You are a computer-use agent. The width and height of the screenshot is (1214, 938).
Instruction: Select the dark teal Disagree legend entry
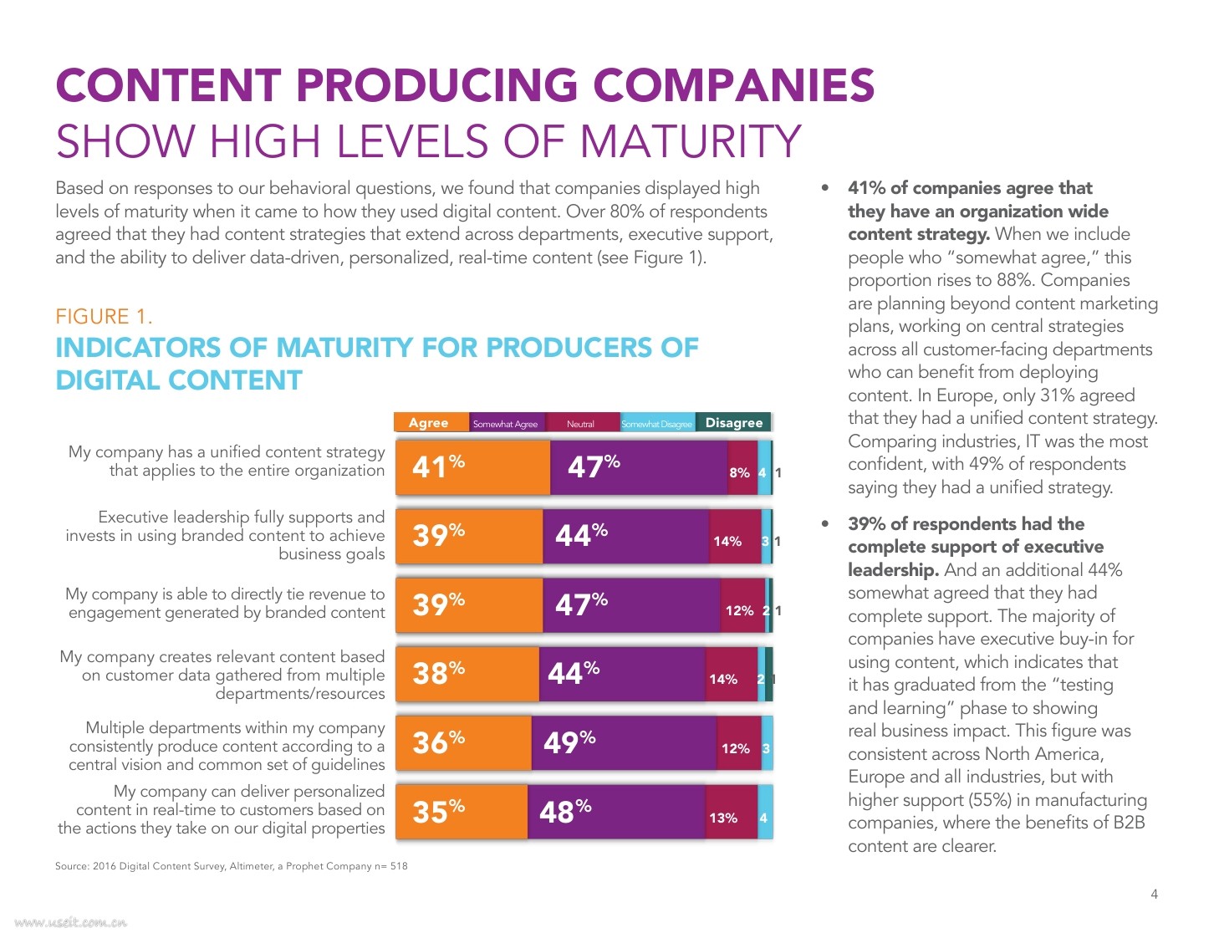pos(733,423)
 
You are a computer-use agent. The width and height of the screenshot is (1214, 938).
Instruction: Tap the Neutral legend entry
pos(582,423)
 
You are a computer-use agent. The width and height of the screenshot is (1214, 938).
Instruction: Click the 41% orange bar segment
pos(472,467)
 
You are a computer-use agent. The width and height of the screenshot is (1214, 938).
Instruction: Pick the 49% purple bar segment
pos(623,742)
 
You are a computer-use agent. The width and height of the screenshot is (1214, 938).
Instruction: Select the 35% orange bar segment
pos(462,811)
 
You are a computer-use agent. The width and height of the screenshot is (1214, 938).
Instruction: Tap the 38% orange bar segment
pos(467,673)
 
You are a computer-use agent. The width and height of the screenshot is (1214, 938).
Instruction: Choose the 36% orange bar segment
pos(463,742)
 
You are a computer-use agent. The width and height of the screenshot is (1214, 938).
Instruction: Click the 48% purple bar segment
pos(616,811)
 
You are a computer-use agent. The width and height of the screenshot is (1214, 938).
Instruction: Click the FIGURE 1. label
pos(104,317)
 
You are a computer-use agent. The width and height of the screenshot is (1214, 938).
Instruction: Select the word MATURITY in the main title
pos(691,141)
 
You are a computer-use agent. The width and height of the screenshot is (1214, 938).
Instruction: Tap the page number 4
pos(1154,895)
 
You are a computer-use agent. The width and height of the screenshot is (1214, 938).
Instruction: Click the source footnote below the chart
pos(232,866)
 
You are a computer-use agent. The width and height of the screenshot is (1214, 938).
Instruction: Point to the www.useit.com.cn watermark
pos(71,923)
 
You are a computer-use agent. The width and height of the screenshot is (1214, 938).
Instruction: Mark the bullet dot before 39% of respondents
pos(826,524)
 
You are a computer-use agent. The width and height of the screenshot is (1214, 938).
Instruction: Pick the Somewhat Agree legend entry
pos(506,424)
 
